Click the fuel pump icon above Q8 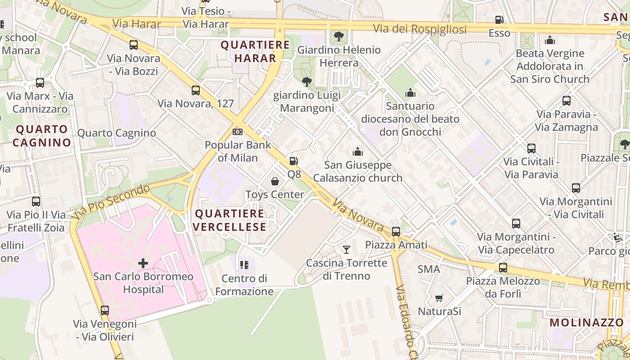tap(293, 161)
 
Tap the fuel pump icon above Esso tap(499, 20)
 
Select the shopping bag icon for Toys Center tap(275, 181)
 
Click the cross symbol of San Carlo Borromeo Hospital tap(143, 263)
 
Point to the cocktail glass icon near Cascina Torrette tap(346, 249)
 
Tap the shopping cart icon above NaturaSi tap(439, 298)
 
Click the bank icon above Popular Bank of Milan tap(238, 132)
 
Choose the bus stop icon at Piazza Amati tap(396, 232)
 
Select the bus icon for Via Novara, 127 tap(196, 90)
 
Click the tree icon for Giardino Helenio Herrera tap(339, 36)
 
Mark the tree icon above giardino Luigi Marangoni tap(307, 81)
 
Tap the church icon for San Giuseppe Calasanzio tap(358, 152)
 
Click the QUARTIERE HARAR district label tap(255, 51)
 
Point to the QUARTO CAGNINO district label tap(42, 136)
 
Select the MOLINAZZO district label tap(586, 322)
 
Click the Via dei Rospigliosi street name tap(419, 29)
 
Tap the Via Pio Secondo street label tap(111, 201)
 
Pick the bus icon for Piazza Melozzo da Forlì tap(503, 268)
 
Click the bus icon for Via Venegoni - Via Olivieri tap(105, 310)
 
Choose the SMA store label tap(429, 269)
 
